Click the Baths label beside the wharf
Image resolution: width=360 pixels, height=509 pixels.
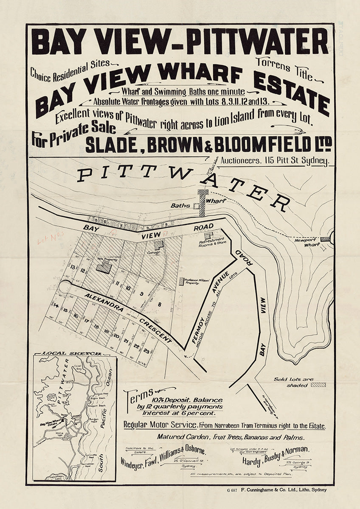pyautogui.click(x=179, y=206)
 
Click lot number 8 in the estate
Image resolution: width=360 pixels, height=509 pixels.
pyautogui.click(x=160, y=304)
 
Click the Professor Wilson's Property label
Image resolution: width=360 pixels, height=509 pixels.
pyautogui.click(x=195, y=282)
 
